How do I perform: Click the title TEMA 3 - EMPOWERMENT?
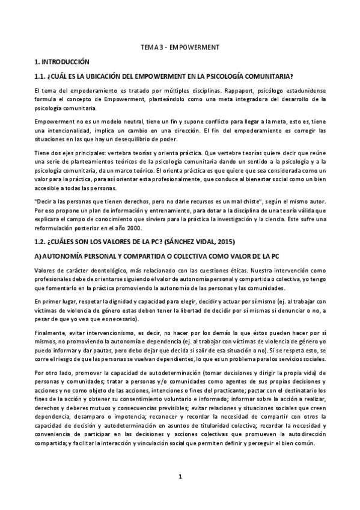[179, 46]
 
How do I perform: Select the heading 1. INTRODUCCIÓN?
[62, 61]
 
